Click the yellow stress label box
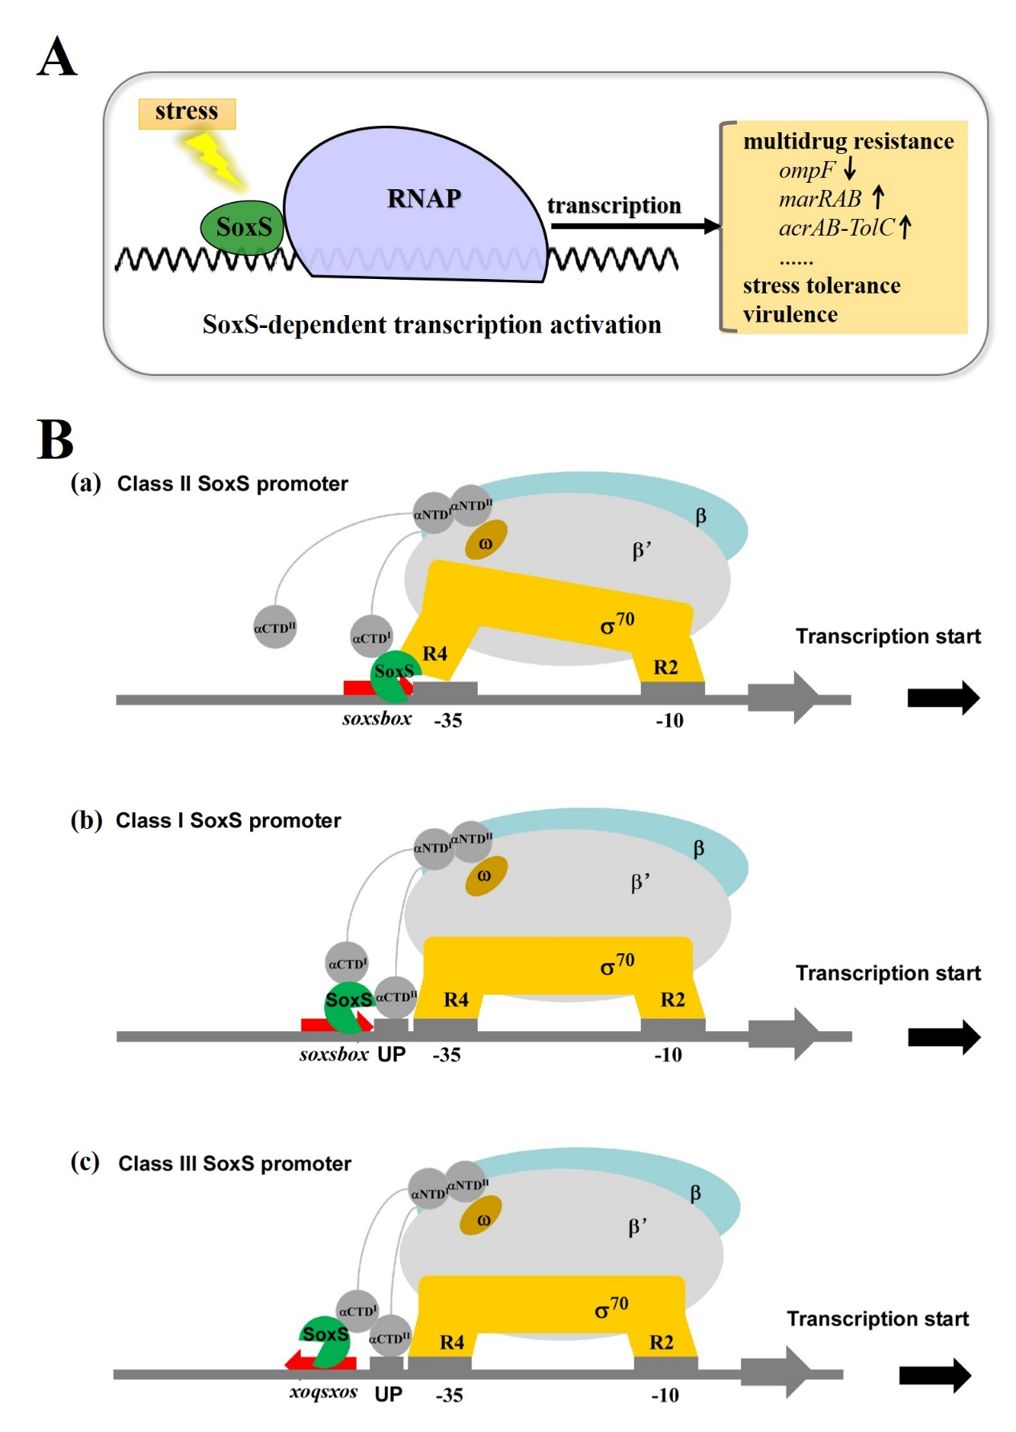coord(187,113)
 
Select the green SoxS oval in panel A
coord(241,228)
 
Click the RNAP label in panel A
coord(423,199)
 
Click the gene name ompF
coord(806,171)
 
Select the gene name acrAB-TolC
coord(836,229)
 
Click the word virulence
coord(790,315)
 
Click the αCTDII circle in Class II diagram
coord(275,628)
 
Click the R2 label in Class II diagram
coord(666,667)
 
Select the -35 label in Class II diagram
coord(447,721)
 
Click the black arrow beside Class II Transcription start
coord(943,698)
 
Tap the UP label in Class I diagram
coord(391,1054)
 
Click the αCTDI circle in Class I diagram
coord(347,964)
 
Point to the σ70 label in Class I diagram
coord(617,965)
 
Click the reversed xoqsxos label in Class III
coord(323,1392)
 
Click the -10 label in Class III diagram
coord(665,1396)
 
